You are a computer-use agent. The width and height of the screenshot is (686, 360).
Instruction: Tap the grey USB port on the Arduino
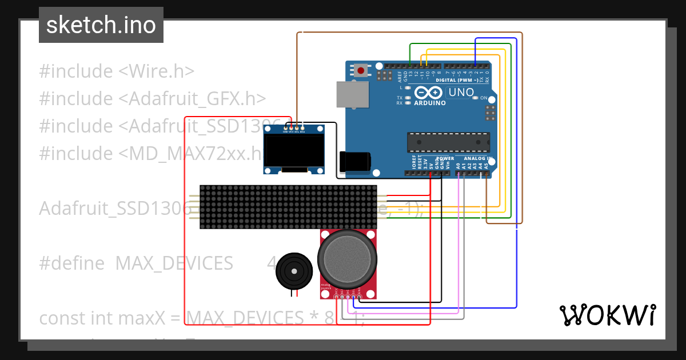point(350,94)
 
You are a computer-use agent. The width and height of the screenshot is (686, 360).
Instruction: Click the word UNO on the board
point(461,92)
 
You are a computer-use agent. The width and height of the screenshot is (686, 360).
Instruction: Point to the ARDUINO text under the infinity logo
point(429,103)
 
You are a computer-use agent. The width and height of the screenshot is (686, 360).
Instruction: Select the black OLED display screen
point(294,150)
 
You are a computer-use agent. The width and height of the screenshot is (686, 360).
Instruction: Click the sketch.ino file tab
point(101,25)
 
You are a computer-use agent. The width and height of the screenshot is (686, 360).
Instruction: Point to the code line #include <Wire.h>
point(117,71)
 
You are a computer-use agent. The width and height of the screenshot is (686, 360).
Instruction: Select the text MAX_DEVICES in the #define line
point(174,263)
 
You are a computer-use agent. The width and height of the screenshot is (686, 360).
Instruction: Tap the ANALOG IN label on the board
point(478,158)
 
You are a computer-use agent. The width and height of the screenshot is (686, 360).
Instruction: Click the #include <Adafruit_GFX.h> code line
point(153,99)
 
